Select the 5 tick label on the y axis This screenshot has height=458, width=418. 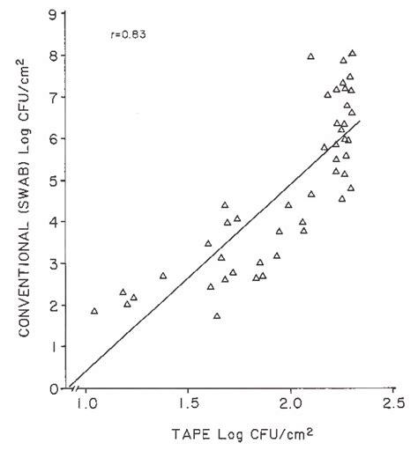click(x=55, y=180)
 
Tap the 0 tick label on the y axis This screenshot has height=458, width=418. click(x=55, y=388)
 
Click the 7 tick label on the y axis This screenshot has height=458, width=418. click(x=55, y=96)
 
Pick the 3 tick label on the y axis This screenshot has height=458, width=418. click(x=55, y=263)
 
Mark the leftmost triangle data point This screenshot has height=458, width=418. click(x=94, y=311)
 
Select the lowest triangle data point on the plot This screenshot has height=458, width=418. click(x=217, y=316)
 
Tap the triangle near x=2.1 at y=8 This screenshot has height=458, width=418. click(x=310, y=56)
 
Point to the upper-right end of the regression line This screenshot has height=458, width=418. click(x=361, y=121)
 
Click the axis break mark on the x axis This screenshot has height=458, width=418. click(x=75, y=388)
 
